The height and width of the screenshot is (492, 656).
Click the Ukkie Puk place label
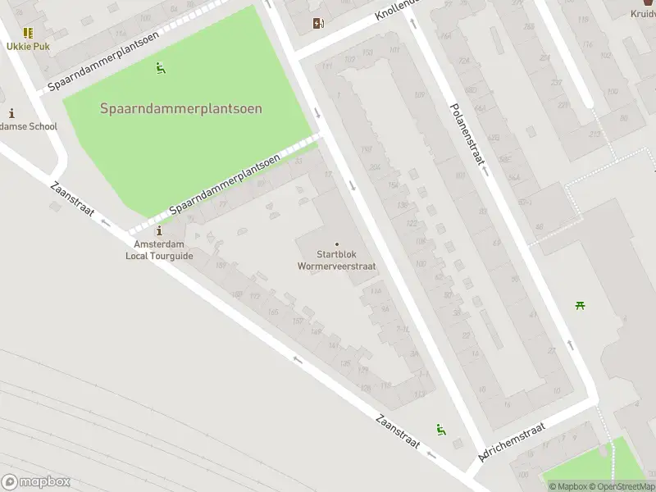pyautogui.click(x=29, y=46)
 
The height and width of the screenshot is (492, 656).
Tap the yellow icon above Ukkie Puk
pyautogui.click(x=29, y=33)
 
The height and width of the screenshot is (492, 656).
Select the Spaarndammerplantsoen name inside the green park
pyautogui.click(x=181, y=108)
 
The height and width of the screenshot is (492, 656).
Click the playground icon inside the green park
pyautogui.click(x=161, y=69)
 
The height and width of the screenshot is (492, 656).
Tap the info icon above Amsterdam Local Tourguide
pyautogui.click(x=159, y=232)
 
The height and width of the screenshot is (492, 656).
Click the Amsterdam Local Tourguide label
pyautogui.click(x=159, y=250)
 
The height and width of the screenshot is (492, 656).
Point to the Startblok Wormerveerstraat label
pyautogui.click(x=337, y=260)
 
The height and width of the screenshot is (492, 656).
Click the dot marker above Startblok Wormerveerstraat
pyautogui.click(x=337, y=244)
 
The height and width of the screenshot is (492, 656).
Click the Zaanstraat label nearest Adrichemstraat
pyautogui.click(x=398, y=430)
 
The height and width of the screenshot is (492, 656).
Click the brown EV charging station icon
pyautogui.click(x=318, y=24)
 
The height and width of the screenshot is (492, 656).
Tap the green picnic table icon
pyautogui.click(x=581, y=306)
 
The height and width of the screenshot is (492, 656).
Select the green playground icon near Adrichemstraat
pyautogui.click(x=441, y=429)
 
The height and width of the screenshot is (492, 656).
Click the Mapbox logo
pyautogui.click(x=35, y=481)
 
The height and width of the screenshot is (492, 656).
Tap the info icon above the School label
pyautogui.click(x=11, y=113)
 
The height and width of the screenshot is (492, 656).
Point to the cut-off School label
pyautogui.click(x=28, y=126)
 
